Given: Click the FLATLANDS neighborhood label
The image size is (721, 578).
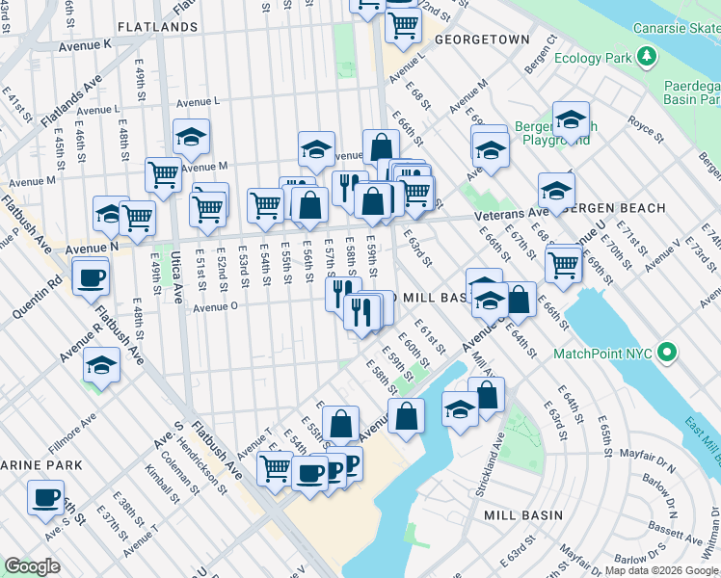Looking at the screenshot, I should [157, 27].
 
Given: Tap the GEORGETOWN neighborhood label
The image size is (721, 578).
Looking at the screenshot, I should [482, 39].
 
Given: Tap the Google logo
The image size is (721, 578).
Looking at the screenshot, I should [32, 565].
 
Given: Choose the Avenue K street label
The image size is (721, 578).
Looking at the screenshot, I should [85, 44].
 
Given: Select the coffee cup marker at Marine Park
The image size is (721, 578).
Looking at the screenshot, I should [45, 498].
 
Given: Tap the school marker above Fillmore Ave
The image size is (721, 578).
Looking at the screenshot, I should [101, 366].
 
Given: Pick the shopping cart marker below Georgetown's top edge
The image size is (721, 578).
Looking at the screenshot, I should [403, 24].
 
